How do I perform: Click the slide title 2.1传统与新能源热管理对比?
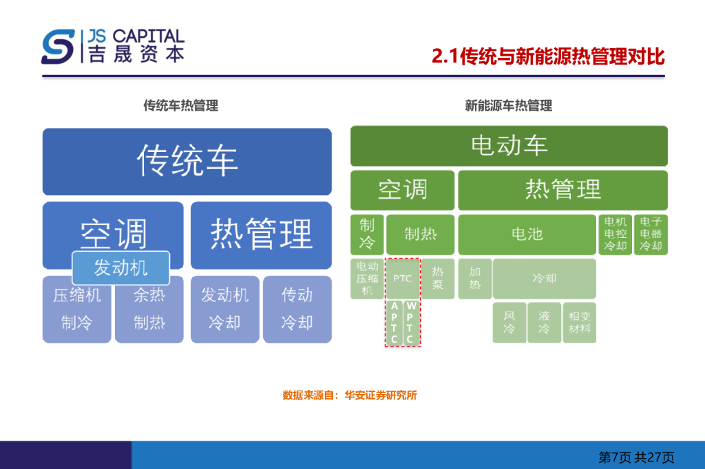click(548, 56)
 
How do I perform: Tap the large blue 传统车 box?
click(187, 162)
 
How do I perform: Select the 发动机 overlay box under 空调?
click(120, 268)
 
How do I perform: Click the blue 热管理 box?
click(261, 235)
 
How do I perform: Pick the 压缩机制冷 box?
click(76, 309)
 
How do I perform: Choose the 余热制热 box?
click(149, 309)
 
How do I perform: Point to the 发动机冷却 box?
click(224, 309)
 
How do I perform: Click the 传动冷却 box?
click(297, 309)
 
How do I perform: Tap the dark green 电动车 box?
click(509, 146)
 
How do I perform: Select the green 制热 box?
click(420, 235)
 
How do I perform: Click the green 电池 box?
click(527, 235)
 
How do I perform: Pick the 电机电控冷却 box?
click(615, 235)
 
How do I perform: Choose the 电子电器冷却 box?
click(651, 235)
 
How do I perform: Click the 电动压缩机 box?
click(367, 279)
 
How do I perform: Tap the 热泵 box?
click(438, 279)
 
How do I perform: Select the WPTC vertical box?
click(411, 323)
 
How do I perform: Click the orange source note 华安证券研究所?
click(350, 395)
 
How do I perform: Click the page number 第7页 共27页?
click(636, 457)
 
